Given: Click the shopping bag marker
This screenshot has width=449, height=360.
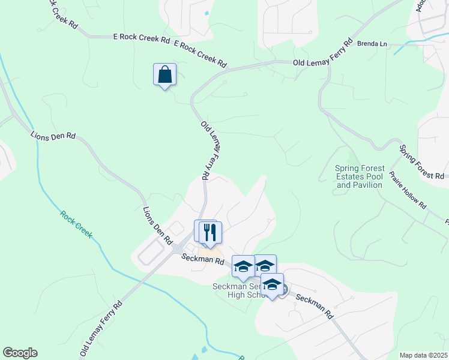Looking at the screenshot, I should (164, 75).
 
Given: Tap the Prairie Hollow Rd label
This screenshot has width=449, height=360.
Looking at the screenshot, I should (408, 191).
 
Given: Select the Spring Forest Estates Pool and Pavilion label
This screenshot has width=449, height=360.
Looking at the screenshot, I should (359, 177).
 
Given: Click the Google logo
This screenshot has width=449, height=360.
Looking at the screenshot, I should (20, 353).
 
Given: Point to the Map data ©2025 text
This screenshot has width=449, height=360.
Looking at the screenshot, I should (423, 355).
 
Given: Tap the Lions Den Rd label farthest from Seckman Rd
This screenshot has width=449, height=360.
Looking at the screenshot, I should (53, 136).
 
